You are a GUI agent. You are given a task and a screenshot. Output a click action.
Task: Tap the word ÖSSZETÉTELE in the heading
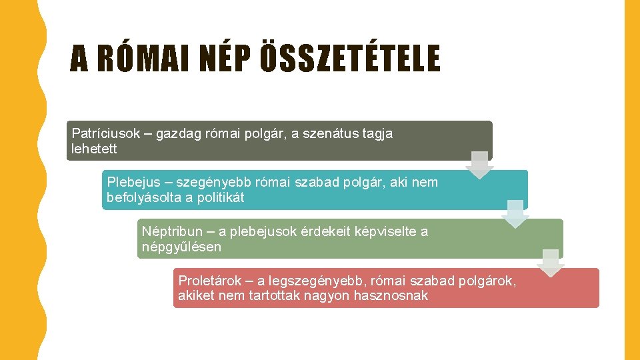pos(350,57)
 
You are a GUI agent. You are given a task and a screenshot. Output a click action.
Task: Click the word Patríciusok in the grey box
pos(106,133)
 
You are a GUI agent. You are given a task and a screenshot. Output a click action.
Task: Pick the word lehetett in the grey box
pos(94,149)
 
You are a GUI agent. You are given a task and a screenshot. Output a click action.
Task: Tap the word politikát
pos(221,197)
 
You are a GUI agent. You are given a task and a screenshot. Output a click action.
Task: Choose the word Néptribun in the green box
pos(172,232)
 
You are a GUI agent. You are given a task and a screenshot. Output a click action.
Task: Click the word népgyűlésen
pos(181,247)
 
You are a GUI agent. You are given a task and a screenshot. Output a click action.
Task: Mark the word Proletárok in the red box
pos(210,281)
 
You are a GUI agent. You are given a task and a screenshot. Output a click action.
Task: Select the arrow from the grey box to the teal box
pos(479,165)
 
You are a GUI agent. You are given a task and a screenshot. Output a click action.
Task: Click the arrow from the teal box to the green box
pos(515,214)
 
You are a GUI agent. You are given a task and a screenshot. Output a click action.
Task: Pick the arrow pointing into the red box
pos(551,263)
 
